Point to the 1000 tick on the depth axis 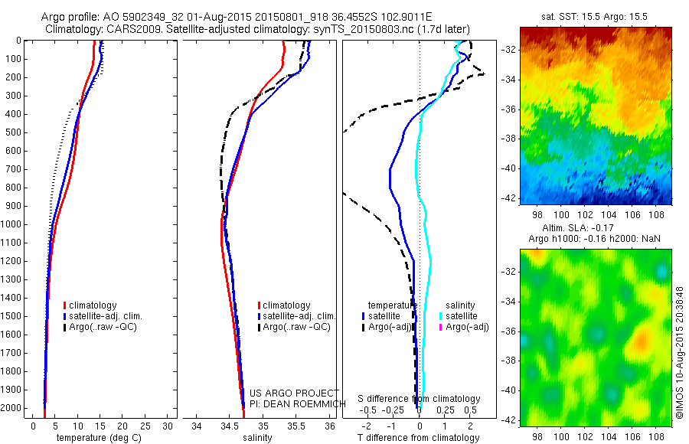[x=15, y=224]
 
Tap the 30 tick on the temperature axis [x=168, y=426]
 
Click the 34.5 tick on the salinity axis [x=230, y=426]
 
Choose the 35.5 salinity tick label [x=296, y=426]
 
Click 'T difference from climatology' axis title [x=418, y=438]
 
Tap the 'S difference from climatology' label [x=420, y=399]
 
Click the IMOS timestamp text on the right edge [x=680, y=353]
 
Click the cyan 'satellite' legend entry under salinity [x=462, y=316]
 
